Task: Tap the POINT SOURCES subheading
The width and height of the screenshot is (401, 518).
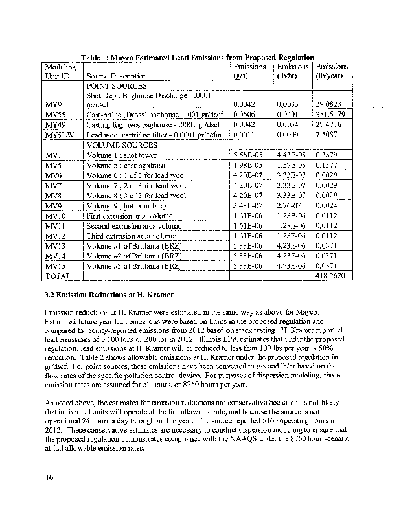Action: pos(116,86)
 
